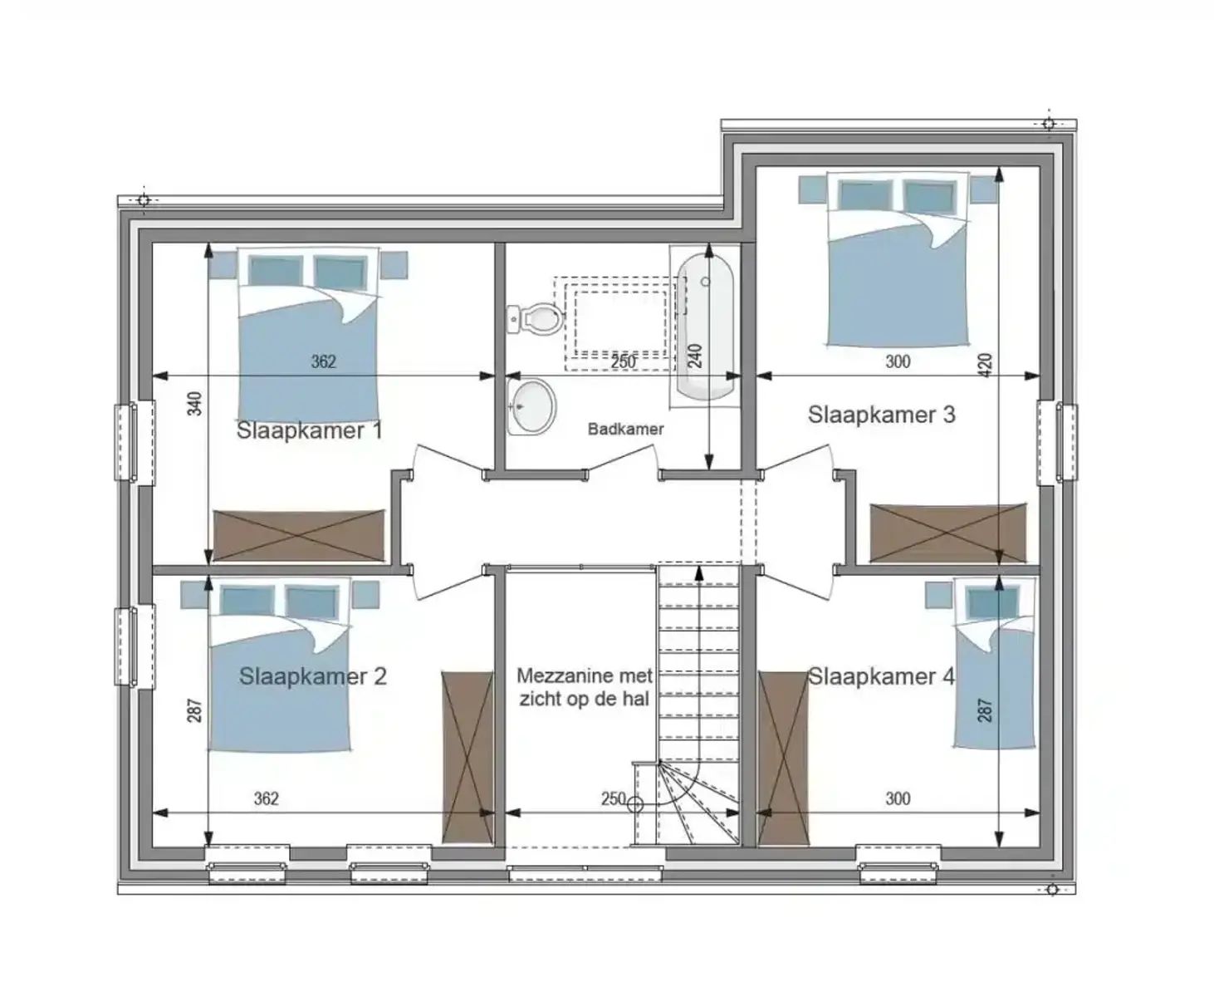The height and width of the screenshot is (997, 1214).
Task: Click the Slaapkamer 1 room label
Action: (309, 430)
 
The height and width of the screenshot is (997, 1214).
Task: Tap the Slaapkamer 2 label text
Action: (312, 676)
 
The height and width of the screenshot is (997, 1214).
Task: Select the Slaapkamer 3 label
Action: (881, 415)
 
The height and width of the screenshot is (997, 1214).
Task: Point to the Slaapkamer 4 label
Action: (881, 676)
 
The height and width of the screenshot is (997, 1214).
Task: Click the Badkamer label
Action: (625, 430)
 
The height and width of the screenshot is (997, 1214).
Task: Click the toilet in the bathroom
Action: (536, 317)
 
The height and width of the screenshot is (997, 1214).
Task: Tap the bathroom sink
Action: (530, 406)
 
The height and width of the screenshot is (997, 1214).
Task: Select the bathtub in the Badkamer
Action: (706, 326)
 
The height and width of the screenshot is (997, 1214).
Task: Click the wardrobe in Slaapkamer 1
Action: (299, 536)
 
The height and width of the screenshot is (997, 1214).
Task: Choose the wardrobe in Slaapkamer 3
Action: (947, 533)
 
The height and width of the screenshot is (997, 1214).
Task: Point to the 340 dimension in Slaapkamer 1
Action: (194, 404)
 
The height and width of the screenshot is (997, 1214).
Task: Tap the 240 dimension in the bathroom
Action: (696, 356)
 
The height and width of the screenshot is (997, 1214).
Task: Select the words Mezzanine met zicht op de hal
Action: (584, 687)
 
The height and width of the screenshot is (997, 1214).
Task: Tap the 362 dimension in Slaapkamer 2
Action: (266, 799)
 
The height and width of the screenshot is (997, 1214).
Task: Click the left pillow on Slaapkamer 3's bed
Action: (864, 196)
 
